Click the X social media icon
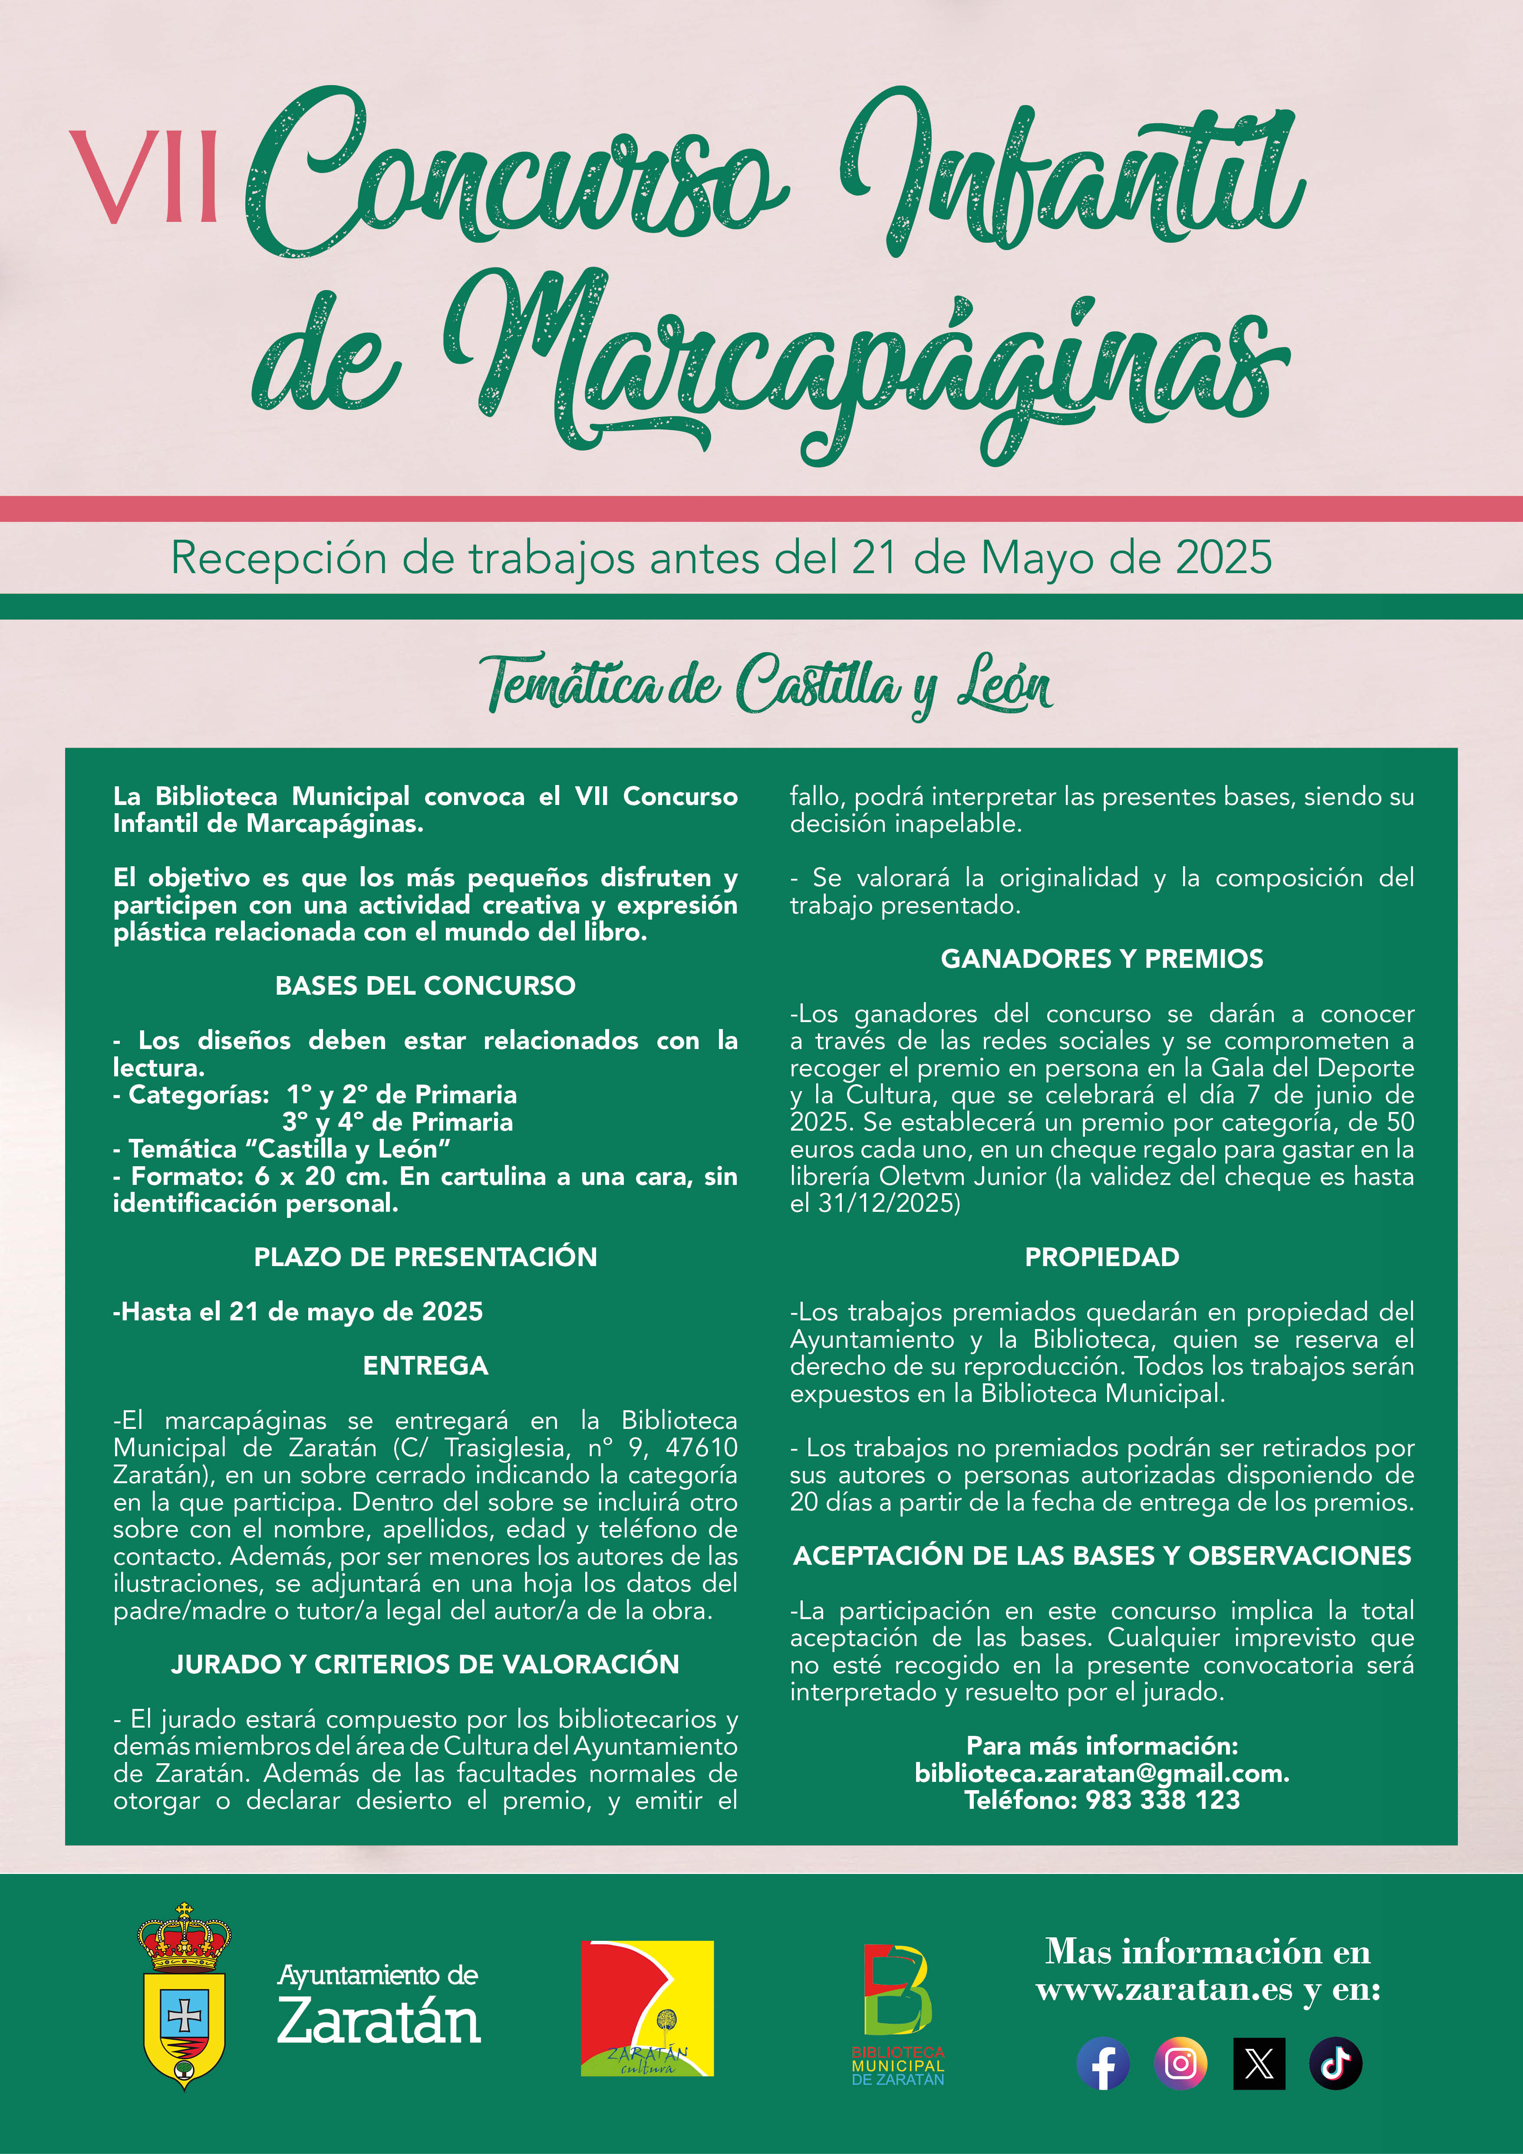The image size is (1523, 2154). (1259, 2063)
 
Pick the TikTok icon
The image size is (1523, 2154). (1335, 2063)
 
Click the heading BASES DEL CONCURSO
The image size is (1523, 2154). (425, 985)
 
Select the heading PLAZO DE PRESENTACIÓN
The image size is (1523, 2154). (425, 1256)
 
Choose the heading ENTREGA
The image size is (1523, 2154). (425, 1365)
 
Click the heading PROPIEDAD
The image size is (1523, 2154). (1102, 1256)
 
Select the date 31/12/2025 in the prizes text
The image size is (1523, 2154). (886, 1203)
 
